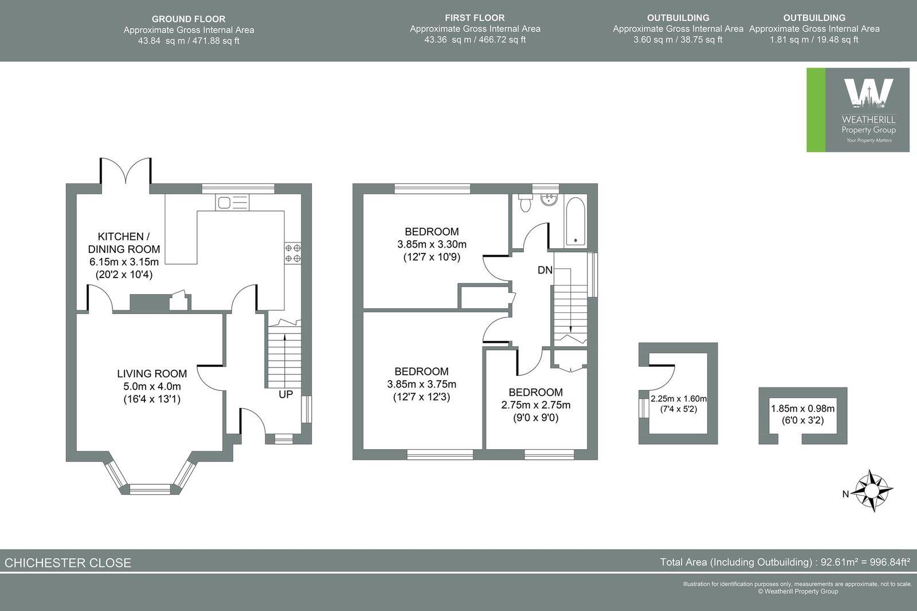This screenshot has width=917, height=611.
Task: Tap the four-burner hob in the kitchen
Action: point(293,253)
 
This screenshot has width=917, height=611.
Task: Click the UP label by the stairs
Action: point(285,394)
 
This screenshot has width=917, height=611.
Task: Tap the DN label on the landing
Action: point(544,269)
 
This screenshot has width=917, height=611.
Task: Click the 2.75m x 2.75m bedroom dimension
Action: point(535,405)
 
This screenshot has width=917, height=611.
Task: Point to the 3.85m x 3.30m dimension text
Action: point(431,244)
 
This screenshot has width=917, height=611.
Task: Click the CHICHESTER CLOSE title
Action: point(68,562)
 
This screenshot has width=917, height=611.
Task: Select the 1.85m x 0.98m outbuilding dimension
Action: point(802,409)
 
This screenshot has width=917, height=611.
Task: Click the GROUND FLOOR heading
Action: point(189,19)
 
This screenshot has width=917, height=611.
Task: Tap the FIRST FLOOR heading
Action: point(475,18)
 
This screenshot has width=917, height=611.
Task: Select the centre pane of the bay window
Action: point(150,489)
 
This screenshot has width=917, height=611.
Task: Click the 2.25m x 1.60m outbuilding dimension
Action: point(679,399)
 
